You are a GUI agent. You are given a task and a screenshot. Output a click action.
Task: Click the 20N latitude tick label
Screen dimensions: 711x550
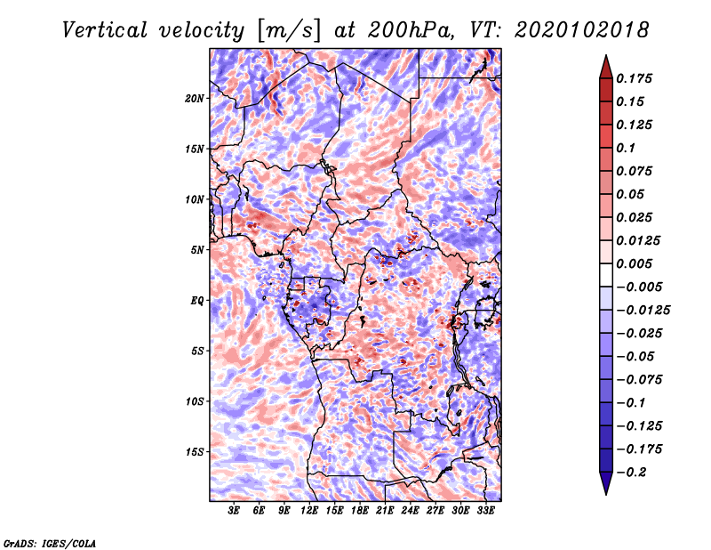[x=195, y=98]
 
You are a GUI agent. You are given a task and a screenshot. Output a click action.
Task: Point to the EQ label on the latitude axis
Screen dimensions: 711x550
[x=197, y=300]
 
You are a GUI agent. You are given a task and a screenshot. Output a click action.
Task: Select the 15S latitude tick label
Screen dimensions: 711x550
[x=195, y=452]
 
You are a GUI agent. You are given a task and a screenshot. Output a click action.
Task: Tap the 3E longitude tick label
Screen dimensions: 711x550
[x=234, y=511]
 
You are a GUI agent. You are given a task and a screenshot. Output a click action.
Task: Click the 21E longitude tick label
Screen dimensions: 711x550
[x=385, y=511]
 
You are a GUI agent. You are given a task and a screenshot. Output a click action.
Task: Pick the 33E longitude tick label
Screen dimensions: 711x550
[x=485, y=511]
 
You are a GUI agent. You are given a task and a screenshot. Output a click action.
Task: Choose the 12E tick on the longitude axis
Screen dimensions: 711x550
[x=309, y=511]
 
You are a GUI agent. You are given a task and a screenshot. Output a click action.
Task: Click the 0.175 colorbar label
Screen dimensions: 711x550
[x=634, y=78]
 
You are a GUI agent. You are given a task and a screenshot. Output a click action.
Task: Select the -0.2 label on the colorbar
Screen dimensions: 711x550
[x=631, y=473]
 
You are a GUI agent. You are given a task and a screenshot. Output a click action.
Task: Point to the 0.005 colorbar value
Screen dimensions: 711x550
[x=634, y=263]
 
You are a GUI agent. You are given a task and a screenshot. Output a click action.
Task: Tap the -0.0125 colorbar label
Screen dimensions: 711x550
[x=643, y=311]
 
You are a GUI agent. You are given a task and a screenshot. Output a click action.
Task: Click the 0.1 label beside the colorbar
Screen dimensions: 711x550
[x=626, y=148]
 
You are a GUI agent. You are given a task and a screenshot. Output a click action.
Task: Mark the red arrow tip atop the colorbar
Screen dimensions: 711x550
[x=606, y=55]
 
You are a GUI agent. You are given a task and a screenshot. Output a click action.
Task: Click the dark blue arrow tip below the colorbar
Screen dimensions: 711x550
[x=606, y=494]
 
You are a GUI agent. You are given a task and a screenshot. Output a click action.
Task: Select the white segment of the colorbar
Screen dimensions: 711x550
[x=606, y=275]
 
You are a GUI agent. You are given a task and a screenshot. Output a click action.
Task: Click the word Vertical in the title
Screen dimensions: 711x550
[x=105, y=30]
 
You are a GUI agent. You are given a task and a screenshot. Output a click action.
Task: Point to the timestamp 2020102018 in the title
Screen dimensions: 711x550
[x=582, y=30]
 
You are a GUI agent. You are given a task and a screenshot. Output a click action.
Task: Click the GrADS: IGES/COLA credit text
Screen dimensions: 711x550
[x=50, y=543]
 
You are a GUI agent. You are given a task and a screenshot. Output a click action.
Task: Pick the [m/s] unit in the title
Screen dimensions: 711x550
[x=289, y=30]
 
